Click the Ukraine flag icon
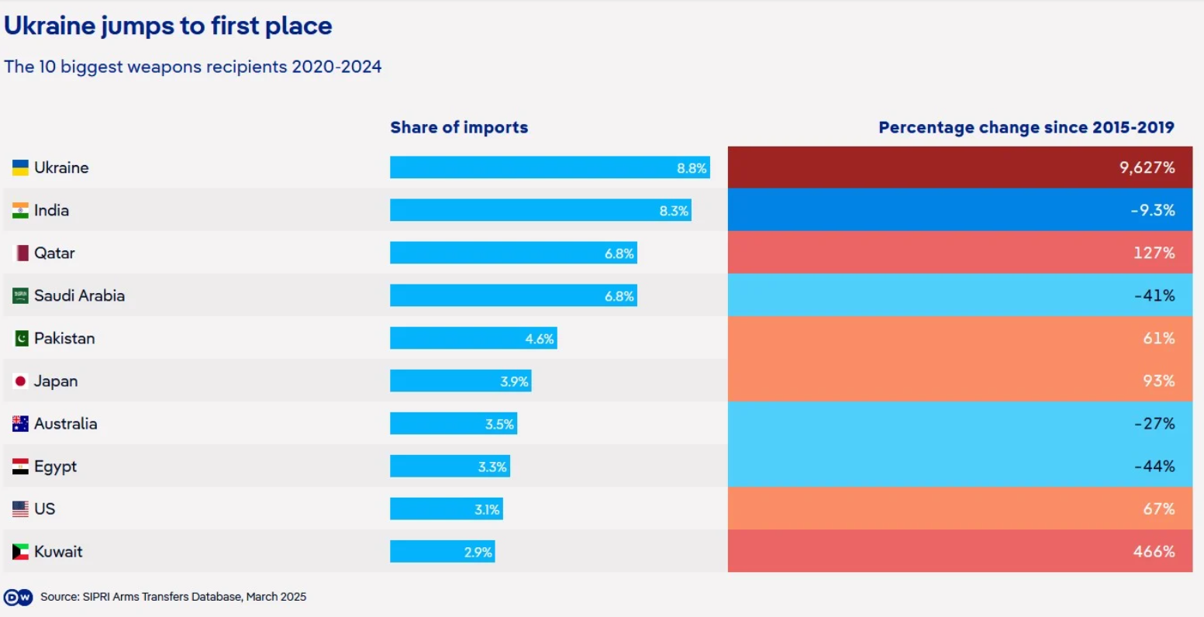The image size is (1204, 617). pyautogui.click(x=20, y=167)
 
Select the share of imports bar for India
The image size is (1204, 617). pyautogui.click(x=540, y=210)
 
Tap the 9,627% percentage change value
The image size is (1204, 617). pyautogui.click(x=1147, y=167)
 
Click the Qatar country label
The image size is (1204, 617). pyautogui.click(x=54, y=253)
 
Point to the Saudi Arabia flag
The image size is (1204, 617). pyautogui.click(x=20, y=295)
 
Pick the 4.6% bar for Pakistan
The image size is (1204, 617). pyautogui.click(x=473, y=338)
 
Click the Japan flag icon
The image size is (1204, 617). pyautogui.click(x=20, y=381)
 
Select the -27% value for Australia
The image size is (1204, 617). pyautogui.click(x=1154, y=423)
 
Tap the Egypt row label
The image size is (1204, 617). pyautogui.click(x=55, y=466)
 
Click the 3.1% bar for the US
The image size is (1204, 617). pyautogui.click(x=446, y=508)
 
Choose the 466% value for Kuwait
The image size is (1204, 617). pyautogui.click(x=1154, y=551)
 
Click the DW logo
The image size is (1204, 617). pyautogui.click(x=18, y=597)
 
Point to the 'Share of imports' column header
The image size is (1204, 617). pyautogui.click(x=459, y=127)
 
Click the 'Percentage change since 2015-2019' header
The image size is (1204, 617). pyautogui.click(x=1026, y=127)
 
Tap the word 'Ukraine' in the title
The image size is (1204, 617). pyautogui.click(x=50, y=26)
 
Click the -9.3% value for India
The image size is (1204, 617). pyautogui.click(x=1152, y=210)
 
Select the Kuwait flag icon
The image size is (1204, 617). pyautogui.click(x=20, y=551)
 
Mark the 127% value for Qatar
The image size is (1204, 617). pyautogui.click(x=1154, y=253)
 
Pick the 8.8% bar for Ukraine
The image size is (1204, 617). pyautogui.click(x=549, y=167)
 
